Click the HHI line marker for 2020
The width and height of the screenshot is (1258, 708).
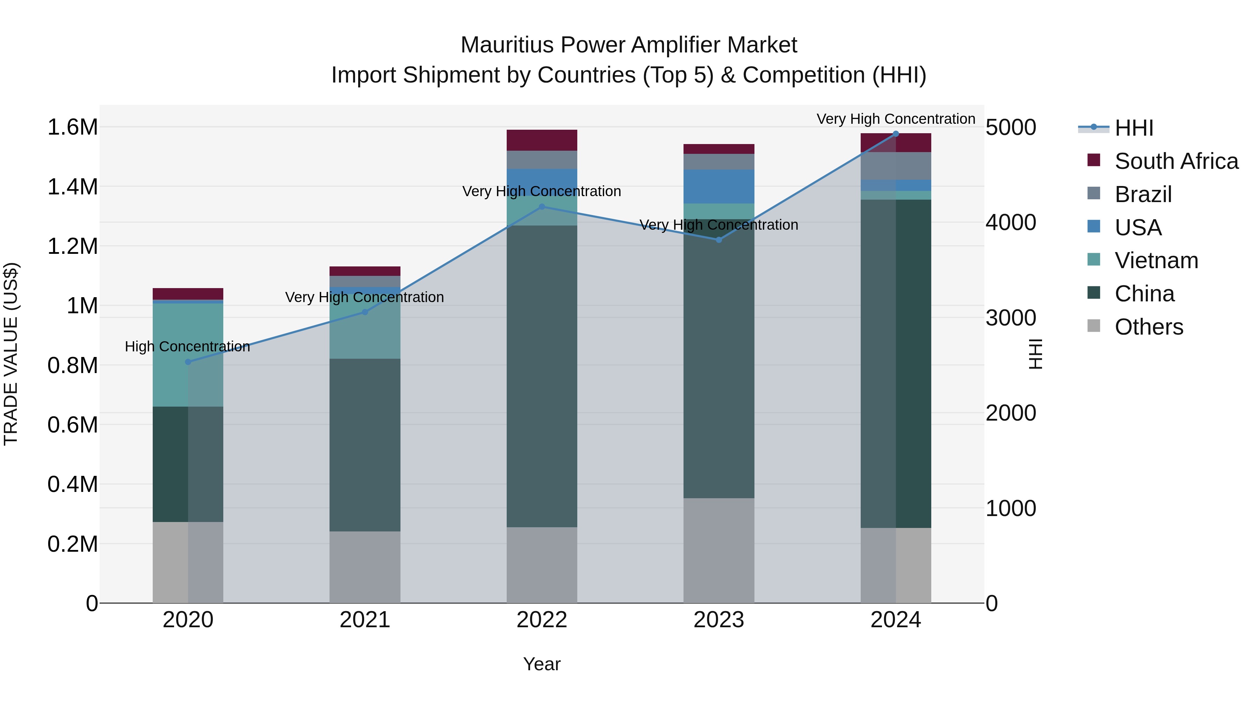[188, 362]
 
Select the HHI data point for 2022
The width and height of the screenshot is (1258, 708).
[542, 207]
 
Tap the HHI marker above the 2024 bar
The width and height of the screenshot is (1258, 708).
[896, 134]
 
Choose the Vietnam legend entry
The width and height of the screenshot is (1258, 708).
[1156, 260]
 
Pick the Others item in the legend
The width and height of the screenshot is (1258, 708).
[1149, 327]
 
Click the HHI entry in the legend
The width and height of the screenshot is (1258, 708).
[1134, 128]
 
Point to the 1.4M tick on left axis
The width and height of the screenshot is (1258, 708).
[72, 187]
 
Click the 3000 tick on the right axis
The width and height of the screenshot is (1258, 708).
[1010, 318]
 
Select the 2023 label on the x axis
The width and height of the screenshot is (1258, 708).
[718, 620]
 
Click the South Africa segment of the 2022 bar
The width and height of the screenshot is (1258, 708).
[542, 140]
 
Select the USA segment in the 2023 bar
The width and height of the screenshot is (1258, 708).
[718, 186]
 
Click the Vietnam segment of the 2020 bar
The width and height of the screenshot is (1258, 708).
[188, 355]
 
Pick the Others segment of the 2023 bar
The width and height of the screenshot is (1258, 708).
[718, 550]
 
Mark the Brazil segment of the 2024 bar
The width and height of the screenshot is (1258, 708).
[896, 166]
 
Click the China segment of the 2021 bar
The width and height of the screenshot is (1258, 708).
[365, 445]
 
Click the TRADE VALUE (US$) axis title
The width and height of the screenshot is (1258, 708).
[11, 354]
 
